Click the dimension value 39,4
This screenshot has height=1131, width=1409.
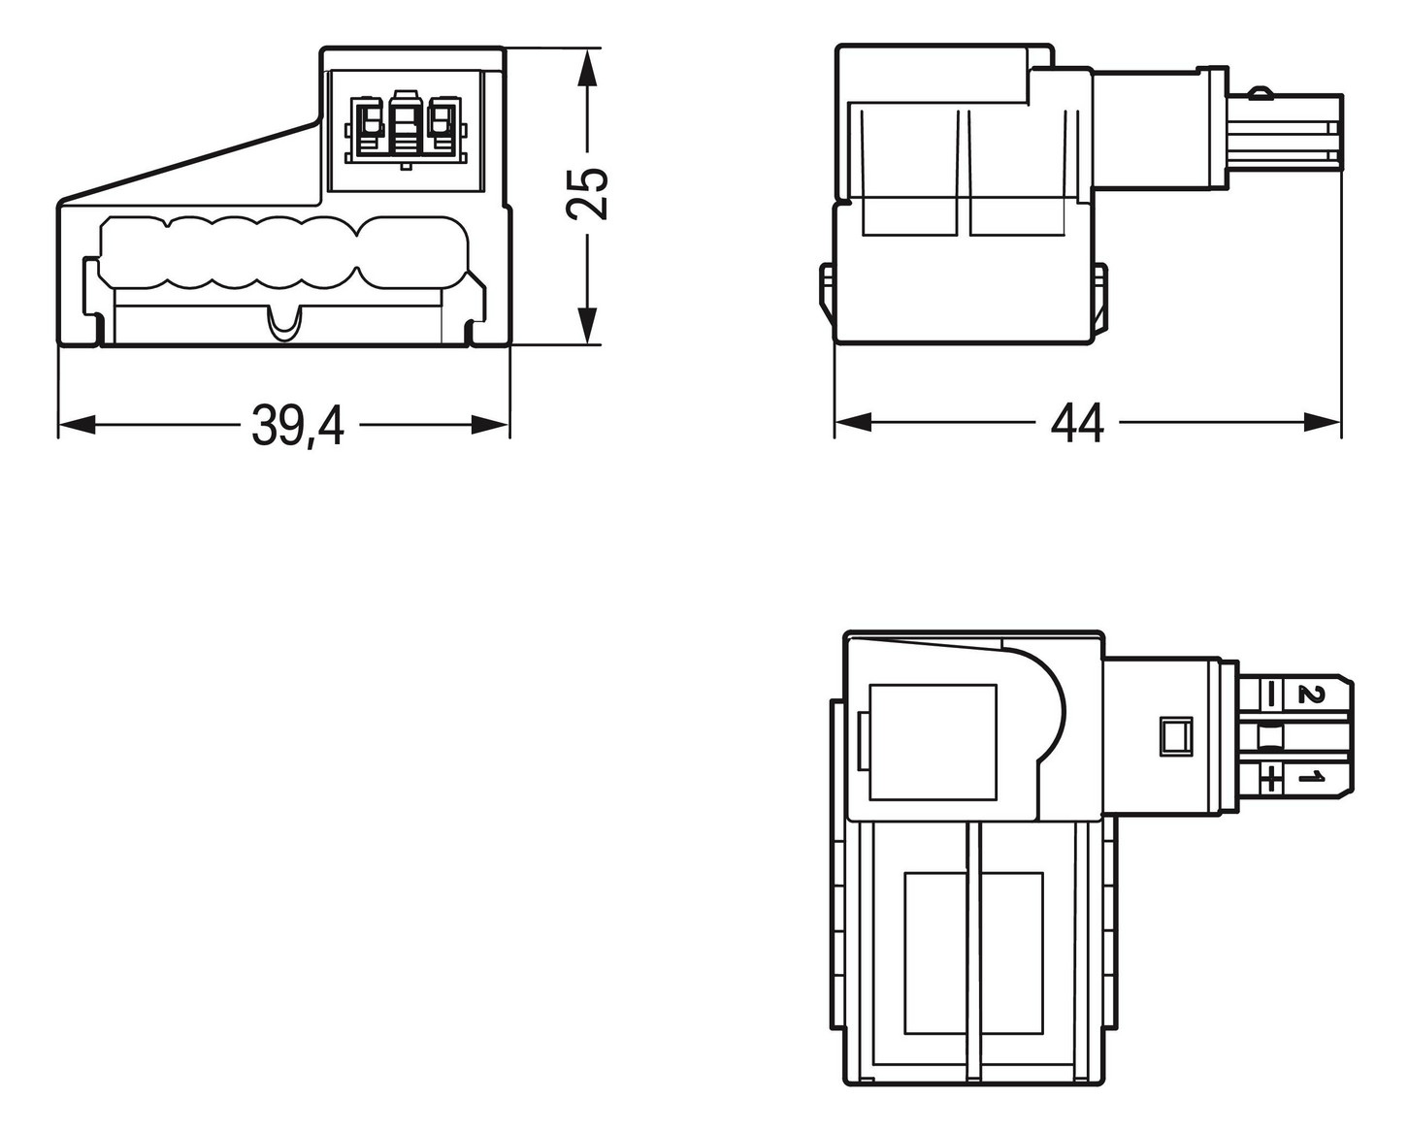pyautogui.click(x=298, y=426)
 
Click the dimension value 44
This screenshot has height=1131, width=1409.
pyautogui.click(x=1077, y=424)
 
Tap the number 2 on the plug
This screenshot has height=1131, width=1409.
pyautogui.click(x=1311, y=694)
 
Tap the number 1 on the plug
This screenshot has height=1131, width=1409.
pyautogui.click(x=1312, y=776)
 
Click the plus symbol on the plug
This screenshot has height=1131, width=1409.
pyautogui.click(x=1269, y=776)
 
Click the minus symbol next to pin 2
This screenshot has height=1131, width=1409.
pyautogui.click(x=1269, y=694)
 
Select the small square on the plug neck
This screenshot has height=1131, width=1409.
pyautogui.click(x=1176, y=736)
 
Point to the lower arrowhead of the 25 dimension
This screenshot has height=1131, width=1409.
pyautogui.click(x=586, y=322)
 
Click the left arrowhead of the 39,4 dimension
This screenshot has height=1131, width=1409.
pyautogui.click(x=78, y=425)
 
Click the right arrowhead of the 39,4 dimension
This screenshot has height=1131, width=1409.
pyautogui.click(x=490, y=425)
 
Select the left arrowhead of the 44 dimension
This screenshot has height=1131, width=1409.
pyautogui.click(x=854, y=422)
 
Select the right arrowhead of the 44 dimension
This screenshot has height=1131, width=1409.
pyautogui.click(x=1323, y=422)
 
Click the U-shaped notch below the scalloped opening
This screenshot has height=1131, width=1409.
pyautogui.click(x=284, y=325)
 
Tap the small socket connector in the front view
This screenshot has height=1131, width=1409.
pyautogui.click(x=405, y=127)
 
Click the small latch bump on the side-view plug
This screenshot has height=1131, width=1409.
pyautogui.click(x=1259, y=94)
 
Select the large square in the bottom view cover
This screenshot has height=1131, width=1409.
pyautogui.click(x=933, y=742)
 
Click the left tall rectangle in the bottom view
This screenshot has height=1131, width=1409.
pyautogui.click(x=934, y=953)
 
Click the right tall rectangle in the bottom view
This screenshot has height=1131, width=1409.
pyautogui.click(x=1011, y=953)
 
